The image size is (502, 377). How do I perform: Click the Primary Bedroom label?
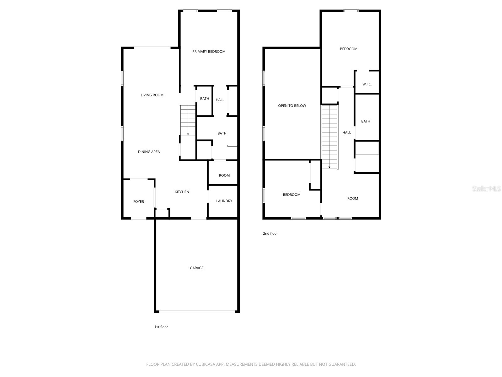pos(209,52)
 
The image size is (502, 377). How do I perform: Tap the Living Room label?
pos(152,95)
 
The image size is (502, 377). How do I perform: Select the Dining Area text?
pos(149,152)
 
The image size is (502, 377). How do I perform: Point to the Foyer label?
pos(138,201)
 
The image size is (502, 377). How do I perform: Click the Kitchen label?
pos(182,192)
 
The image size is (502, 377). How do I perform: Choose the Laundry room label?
pos(224,201)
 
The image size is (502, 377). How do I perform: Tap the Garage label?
pos(196,268)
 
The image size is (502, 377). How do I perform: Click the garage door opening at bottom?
pos(197,312)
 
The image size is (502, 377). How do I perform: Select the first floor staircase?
pos(188,120)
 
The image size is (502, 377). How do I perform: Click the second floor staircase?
pos(329,137)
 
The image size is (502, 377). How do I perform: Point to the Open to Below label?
pos(292,106)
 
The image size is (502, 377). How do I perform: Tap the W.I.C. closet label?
pos(367,84)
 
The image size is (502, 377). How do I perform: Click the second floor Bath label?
pos(366,121)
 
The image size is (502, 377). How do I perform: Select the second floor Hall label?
pos(346,133)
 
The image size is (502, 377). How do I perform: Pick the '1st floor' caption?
pos(161,327)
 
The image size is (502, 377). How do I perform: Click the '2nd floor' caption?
pos(270,233)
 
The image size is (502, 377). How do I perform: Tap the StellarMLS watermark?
pos(486,188)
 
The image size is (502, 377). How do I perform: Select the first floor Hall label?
pos(220,100)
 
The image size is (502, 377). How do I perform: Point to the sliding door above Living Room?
pos(152,48)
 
